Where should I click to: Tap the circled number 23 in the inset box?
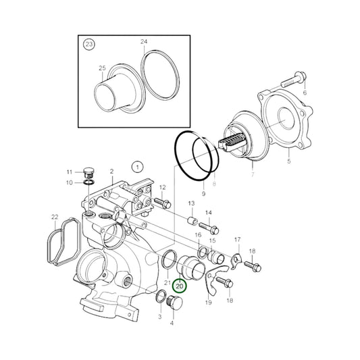click(89, 45)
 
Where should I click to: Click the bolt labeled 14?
click(204, 228)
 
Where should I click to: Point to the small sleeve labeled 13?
click(191, 221)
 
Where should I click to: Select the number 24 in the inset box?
click(143, 42)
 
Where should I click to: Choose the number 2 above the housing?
click(111, 172)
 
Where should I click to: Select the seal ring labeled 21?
click(169, 257)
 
